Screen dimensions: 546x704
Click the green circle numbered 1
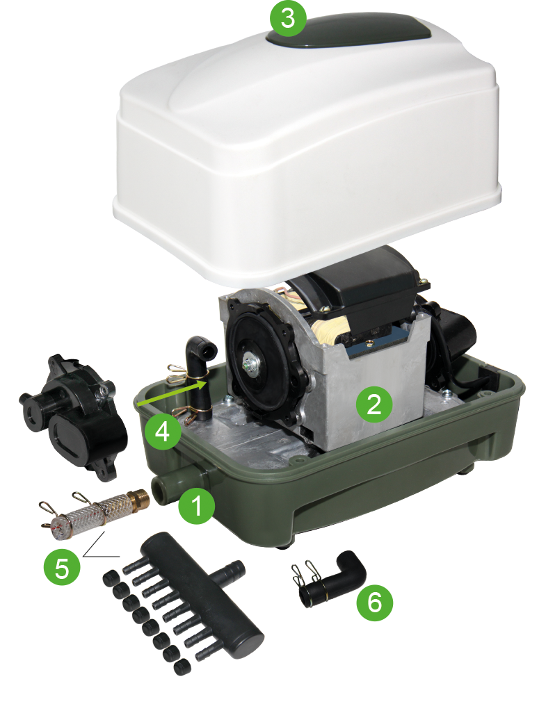point(196,506)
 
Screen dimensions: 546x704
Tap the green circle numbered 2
point(374,404)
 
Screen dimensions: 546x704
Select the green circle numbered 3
point(287,18)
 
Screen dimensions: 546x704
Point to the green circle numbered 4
point(163,432)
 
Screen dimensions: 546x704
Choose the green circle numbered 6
point(375,603)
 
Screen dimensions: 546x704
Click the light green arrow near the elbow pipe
point(172,394)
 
